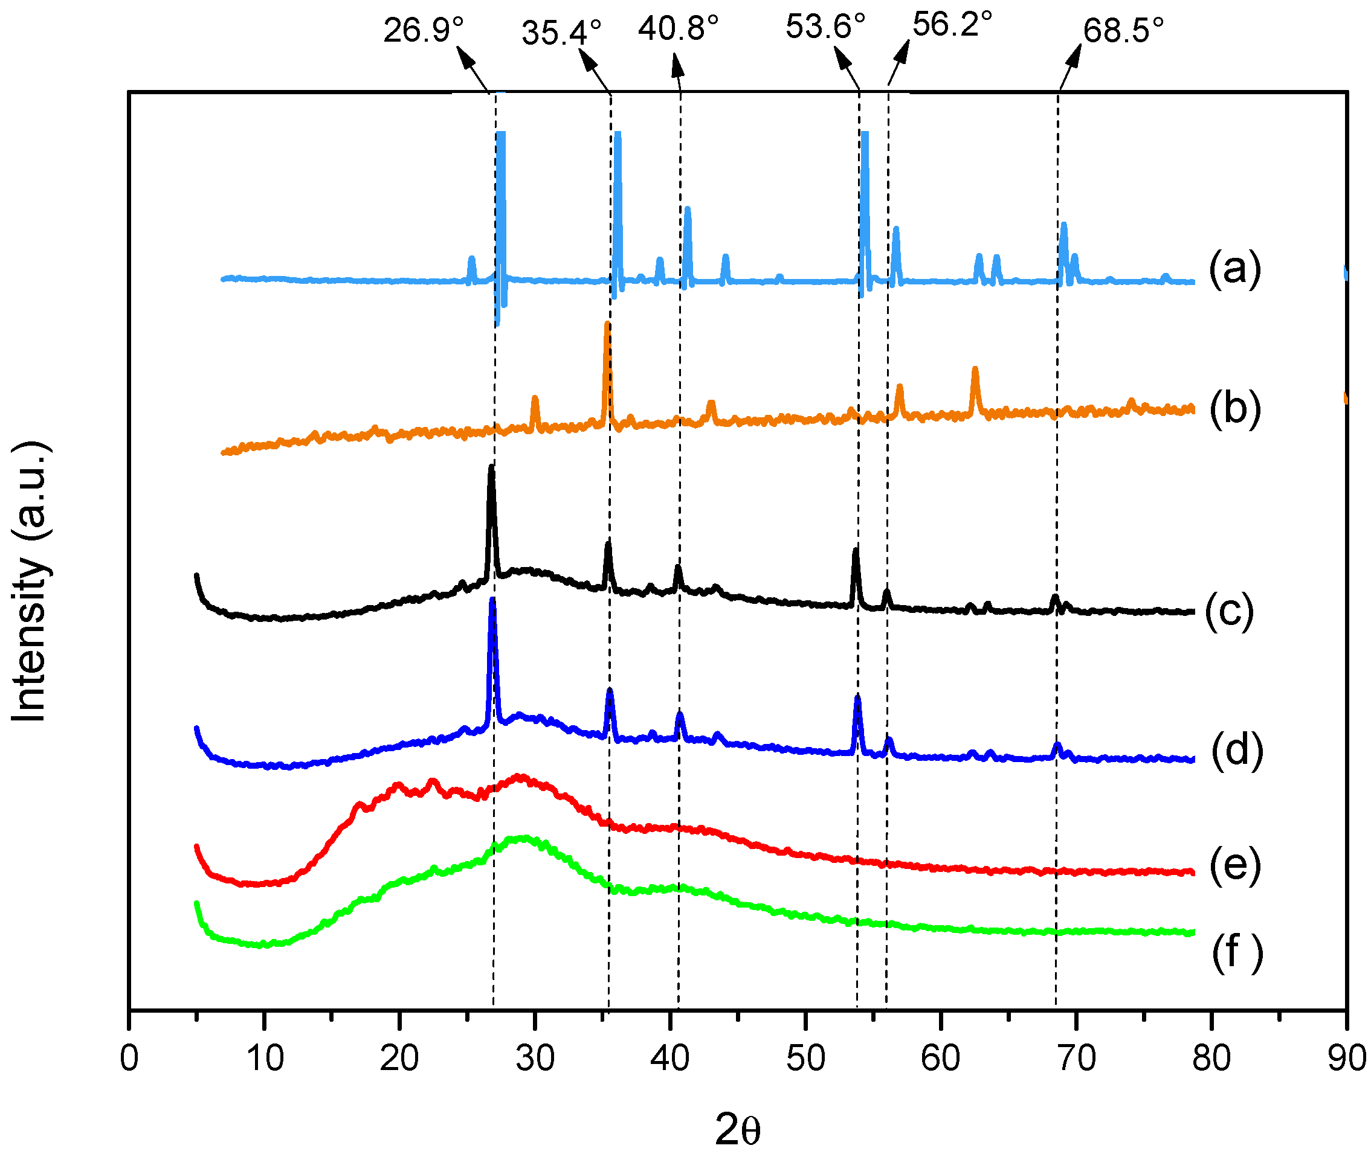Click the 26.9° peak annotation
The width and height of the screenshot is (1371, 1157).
(x=424, y=30)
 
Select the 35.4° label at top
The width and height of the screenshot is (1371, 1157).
(x=561, y=32)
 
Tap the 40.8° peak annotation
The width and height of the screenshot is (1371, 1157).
(x=678, y=28)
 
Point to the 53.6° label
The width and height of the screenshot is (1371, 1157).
(x=825, y=27)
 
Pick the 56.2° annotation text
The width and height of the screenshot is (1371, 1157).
(x=952, y=24)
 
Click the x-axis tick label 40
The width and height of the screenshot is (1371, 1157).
(x=669, y=1059)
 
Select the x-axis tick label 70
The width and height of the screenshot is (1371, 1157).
(x=1076, y=1059)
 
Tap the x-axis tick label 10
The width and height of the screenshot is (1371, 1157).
(x=265, y=1059)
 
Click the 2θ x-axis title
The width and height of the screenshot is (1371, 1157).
(x=737, y=1129)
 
